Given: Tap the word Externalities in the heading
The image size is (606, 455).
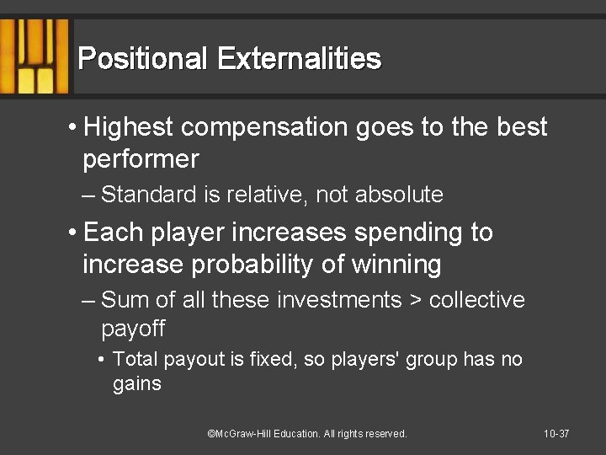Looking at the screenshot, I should click(x=299, y=59).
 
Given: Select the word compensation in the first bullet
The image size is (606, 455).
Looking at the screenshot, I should click(x=263, y=128).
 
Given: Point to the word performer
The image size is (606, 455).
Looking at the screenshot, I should click(x=141, y=159).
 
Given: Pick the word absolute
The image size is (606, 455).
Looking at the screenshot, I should click(x=400, y=195).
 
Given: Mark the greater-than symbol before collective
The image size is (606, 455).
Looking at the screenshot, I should click(x=415, y=301).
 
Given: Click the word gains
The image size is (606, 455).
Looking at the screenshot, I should click(x=136, y=385).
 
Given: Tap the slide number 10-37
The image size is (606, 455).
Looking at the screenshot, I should click(x=556, y=434).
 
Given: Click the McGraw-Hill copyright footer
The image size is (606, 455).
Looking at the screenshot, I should click(x=307, y=434).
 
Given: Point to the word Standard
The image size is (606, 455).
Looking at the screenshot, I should click(x=148, y=195).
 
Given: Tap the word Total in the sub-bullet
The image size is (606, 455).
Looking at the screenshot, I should click(x=135, y=360).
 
